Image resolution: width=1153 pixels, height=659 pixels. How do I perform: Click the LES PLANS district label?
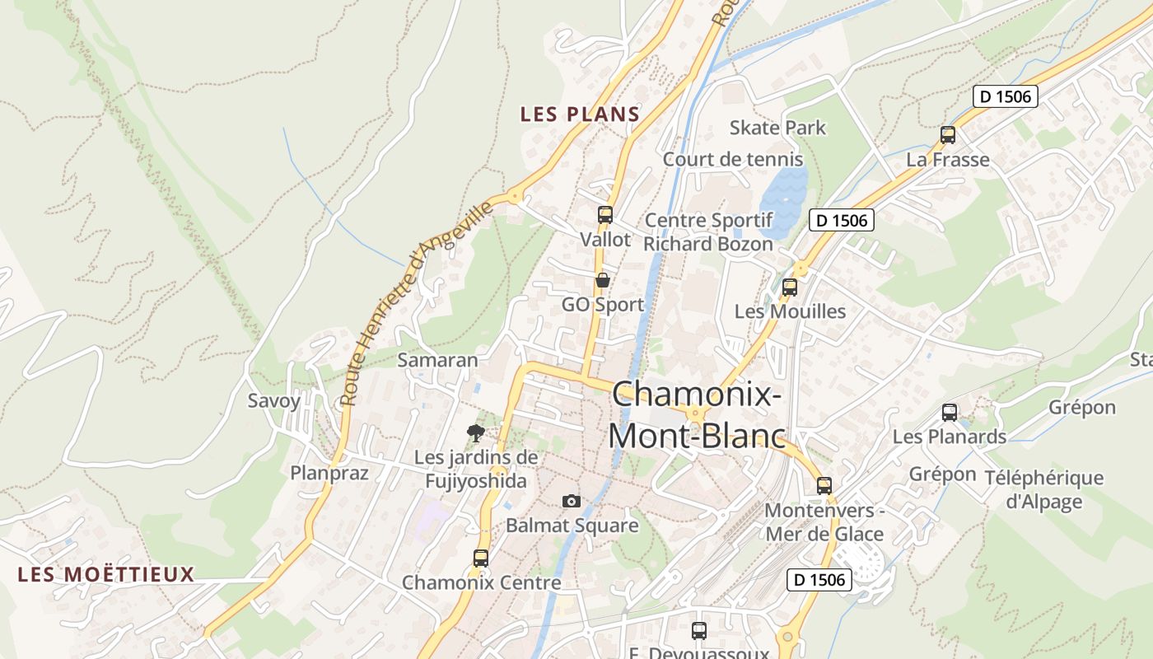pyautogui.click(x=580, y=115)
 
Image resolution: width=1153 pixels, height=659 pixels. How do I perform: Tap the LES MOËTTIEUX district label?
pyautogui.click(x=106, y=574)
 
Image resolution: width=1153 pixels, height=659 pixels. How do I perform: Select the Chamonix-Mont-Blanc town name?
pyautogui.click(x=697, y=414)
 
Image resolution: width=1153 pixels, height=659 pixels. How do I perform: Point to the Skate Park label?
pyautogui.click(x=777, y=128)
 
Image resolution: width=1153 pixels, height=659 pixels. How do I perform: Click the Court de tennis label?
pyautogui.click(x=733, y=159)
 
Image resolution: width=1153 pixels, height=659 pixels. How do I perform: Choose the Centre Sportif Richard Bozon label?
pyautogui.click(x=708, y=232)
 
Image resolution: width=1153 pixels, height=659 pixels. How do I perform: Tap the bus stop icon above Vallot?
pyautogui.click(x=605, y=215)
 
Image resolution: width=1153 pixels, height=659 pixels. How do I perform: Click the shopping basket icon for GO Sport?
pyautogui.click(x=603, y=280)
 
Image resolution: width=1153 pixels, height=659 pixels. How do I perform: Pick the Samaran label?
pyautogui.click(x=437, y=360)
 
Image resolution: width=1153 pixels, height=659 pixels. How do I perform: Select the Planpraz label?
pyautogui.click(x=329, y=473)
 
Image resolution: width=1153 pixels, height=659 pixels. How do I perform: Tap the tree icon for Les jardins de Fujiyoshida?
pyautogui.click(x=475, y=432)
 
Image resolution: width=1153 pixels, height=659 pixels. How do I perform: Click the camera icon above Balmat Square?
pyautogui.click(x=571, y=501)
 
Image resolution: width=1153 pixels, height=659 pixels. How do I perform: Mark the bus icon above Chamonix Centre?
pyautogui.click(x=481, y=558)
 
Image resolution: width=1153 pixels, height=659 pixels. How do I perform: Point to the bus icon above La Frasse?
pyautogui.click(x=948, y=135)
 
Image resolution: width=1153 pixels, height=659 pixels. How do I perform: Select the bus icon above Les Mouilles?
pyautogui.click(x=790, y=287)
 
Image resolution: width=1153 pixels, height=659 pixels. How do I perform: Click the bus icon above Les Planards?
pyautogui.click(x=950, y=413)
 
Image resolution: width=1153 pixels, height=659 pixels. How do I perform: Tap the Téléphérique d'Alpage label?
pyautogui.click(x=1043, y=489)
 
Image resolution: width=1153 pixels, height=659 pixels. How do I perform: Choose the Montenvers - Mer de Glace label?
pyautogui.click(x=824, y=522)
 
